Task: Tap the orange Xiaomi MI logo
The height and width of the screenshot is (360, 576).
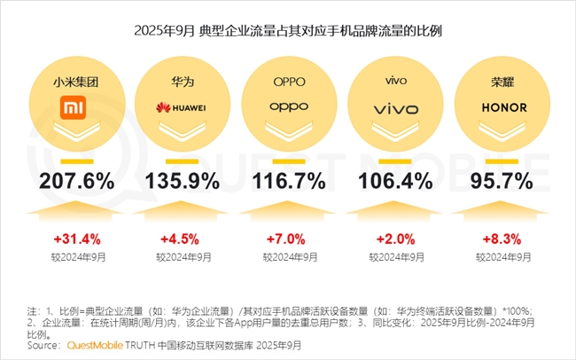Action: coord(75,108)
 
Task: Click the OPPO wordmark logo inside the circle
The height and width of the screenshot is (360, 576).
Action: coord(288,108)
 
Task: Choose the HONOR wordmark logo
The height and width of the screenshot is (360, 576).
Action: coord(503,107)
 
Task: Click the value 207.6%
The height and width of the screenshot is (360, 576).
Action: coord(75,181)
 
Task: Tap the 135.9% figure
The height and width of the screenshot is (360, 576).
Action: coord(183,181)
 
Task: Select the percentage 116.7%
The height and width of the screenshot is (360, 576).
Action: coord(289,181)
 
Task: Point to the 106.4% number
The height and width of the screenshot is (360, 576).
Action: coord(395,181)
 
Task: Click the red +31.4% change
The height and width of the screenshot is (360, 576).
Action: coord(76,239)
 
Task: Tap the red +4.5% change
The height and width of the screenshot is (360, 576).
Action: coord(183,239)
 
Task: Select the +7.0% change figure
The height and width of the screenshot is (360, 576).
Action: coord(289,239)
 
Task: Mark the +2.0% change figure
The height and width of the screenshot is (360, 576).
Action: coord(395,239)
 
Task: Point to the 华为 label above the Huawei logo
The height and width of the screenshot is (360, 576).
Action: coord(183,81)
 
